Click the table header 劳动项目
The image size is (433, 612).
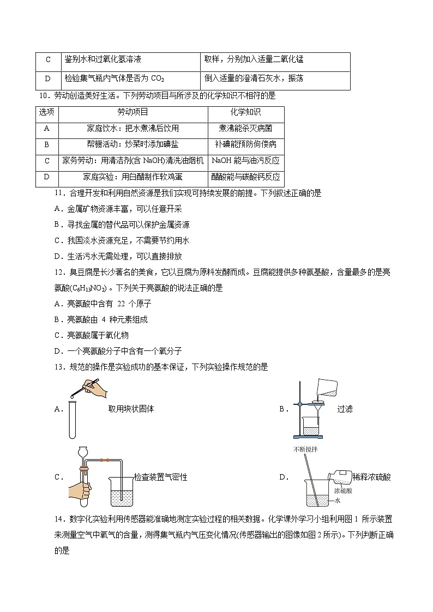click(133, 112)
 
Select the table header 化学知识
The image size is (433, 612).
click(245, 112)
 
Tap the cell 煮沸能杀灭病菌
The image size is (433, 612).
click(245, 129)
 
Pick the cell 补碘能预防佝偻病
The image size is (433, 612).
click(245, 144)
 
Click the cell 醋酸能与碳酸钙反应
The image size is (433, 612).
click(245, 177)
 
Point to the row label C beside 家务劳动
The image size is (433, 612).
click(47, 161)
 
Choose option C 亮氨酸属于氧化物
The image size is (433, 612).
click(92, 335)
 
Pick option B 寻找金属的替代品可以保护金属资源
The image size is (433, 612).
click(122, 225)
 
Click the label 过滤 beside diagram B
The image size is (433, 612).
click(345, 409)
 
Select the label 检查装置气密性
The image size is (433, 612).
click(160, 477)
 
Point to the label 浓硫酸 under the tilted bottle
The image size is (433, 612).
click(343, 490)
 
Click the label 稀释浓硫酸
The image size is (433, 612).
click(372, 477)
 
